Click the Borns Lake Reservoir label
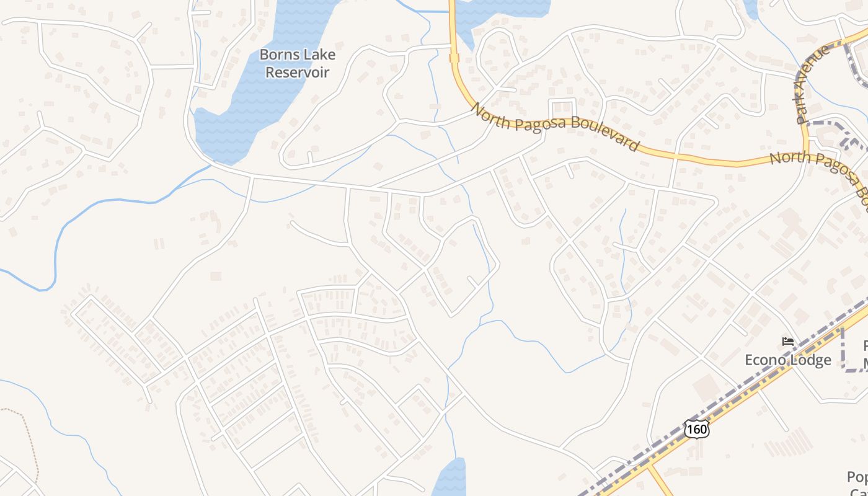click(x=297, y=63)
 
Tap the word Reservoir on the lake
click(x=297, y=72)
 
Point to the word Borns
click(x=277, y=55)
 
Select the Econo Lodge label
click(x=787, y=360)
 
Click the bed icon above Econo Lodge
click(x=788, y=342)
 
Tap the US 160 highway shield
click(x=697, y=429)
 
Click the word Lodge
click(x=810, y=360)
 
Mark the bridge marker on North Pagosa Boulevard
click(x=454, y=58)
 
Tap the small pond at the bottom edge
click(x=450, y=479)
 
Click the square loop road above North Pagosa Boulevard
click(x=562, y=107)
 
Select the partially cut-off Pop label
click(x=857, y=477)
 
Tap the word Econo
click(x=765, y=360)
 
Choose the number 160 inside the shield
click(x=697, y=429)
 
